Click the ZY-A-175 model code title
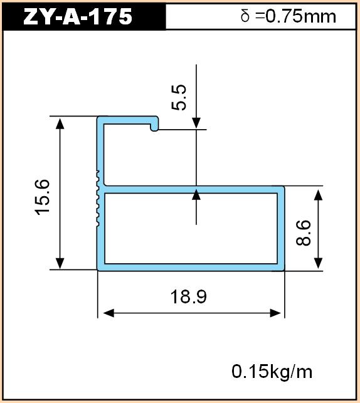tap(78, 16)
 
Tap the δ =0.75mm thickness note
tap(289, 16)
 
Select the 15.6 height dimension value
tap(43, 197)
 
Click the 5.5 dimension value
tap(179, 97)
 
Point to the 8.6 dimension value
tap(304, 233)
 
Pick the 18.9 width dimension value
tap(189, 296)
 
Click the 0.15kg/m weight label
tap(272, 372)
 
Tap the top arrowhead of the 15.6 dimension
tap(60, 123)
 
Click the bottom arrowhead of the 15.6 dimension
tap(60, 263)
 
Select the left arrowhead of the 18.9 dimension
tap(109, 313)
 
